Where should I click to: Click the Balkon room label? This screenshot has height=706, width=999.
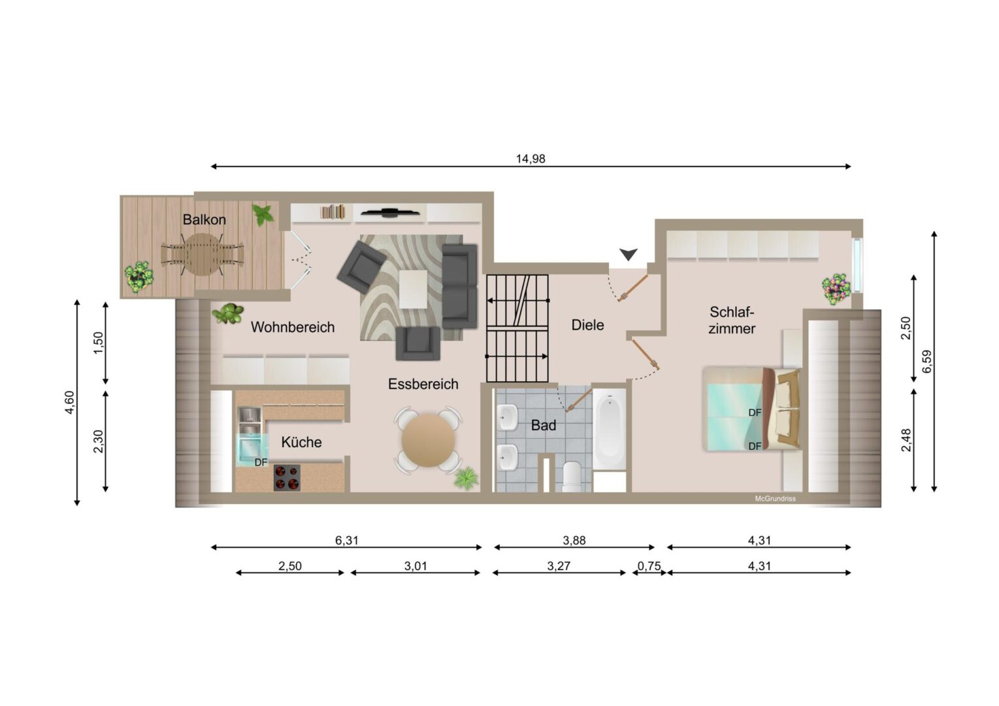(x=205, y=220)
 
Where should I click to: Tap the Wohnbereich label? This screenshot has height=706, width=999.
(x=293, y=327)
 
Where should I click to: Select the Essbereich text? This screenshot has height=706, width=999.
(x=423, y=384)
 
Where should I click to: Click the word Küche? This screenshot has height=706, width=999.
(x=301, y=442)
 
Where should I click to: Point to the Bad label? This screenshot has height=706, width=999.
(x=544, y=426)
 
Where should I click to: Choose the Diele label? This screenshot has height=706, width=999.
(x=588, y=325)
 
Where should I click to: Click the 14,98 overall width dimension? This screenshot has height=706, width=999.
(x=531, y=159)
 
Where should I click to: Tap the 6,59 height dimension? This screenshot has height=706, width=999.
(x=926, y=361)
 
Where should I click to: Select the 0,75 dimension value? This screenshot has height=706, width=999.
(x=649, y=566)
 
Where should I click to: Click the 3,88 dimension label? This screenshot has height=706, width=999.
(x=574, y=541)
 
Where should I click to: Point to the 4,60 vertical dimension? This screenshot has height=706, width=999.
(x=70, y=402)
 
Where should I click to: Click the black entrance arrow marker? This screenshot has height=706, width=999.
(x=629, y=254)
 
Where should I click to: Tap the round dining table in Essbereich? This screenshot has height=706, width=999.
(x=428, y=441)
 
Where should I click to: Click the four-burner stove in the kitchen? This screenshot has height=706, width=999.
(x=287, y=478)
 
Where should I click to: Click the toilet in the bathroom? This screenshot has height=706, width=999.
(x=572, y=476)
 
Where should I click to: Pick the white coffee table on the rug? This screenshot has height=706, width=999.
(x=414, y=289)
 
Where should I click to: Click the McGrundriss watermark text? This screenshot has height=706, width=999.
(x=775, y=499)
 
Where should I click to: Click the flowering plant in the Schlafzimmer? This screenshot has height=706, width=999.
(x=837, y=289)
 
